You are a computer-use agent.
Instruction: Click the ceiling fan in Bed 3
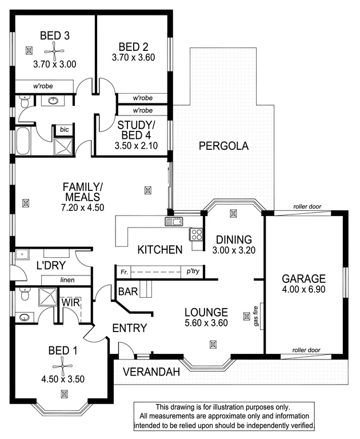(x=54, y=51)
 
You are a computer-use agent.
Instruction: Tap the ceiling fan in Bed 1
(x=62, y=366)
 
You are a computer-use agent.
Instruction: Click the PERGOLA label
(x=223, y=146)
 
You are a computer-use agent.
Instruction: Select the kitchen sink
(x=174, y=222)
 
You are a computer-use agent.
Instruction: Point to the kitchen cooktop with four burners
(x=196, y=234)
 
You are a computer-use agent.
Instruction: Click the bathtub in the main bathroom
(x=22, y=141)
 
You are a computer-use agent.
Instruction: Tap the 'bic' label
(x=64, y=129)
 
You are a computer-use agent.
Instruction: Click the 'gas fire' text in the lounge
(x=256, y=316)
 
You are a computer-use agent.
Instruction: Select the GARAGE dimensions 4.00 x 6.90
(x=304, y=289)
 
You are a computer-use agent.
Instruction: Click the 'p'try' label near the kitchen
(x=193, y=271)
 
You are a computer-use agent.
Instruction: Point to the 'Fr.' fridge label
(x=124, y=272)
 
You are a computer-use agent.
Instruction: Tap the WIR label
(x=71, y=302)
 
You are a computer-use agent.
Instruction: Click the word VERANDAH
(x=151, y=372)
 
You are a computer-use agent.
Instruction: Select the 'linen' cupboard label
(x=67, y=280)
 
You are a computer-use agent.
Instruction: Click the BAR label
(x=128, y=292)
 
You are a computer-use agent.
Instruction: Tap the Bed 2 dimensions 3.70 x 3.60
(x=133, y=57)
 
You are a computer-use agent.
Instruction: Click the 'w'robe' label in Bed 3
(x=43, y=86)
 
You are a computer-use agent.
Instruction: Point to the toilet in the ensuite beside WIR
(x=25, y=294)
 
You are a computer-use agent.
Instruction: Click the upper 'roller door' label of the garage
(x=307, y=206)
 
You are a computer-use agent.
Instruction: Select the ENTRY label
(x=130, y=328)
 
